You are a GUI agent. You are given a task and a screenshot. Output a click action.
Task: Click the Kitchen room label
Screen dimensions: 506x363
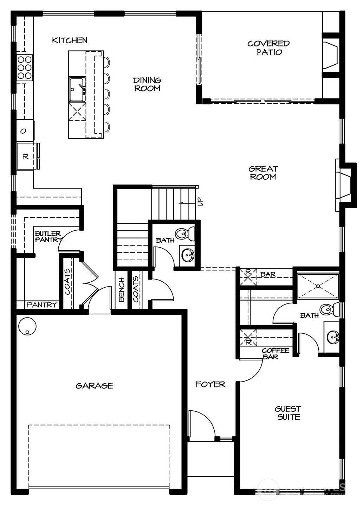point(70,40)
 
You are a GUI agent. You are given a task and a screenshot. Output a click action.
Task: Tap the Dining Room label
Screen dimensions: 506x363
point(147,84)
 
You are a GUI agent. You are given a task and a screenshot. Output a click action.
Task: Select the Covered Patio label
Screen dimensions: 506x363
point(268,48)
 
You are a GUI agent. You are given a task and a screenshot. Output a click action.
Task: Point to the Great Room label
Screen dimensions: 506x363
point(263,173)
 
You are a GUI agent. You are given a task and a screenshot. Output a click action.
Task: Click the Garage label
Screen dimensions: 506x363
point(95,386)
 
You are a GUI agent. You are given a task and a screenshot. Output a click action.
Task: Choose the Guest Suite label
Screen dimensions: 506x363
point(288,413)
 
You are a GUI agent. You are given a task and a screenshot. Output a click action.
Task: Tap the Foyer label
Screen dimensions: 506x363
point(210,384)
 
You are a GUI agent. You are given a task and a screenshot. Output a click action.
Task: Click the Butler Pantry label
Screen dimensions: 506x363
point(47,237)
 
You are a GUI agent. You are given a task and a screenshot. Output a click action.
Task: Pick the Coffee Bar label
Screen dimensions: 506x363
point(275,353)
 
